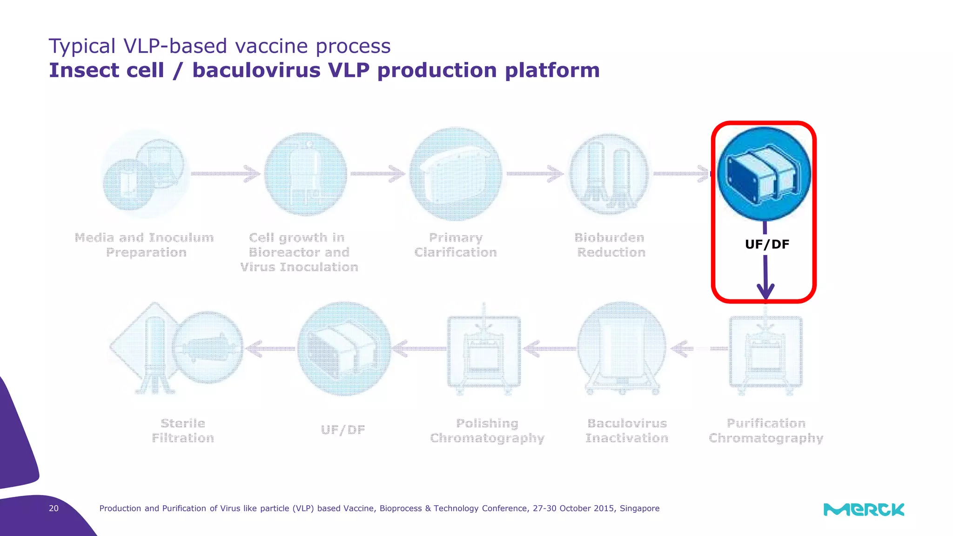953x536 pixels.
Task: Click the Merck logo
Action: pos(864,509)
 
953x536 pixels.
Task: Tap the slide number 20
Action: pos(54,508)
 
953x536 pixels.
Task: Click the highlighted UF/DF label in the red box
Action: pos(767,244)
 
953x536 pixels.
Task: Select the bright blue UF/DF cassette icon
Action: pos(764,174)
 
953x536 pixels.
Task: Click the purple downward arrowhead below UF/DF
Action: pos(765,291)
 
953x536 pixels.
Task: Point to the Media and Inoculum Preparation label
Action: pos(145,245)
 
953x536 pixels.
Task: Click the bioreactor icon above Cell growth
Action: pos(306,174)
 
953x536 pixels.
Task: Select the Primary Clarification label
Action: pos(456,245)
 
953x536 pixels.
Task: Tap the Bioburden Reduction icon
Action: pos(609,174)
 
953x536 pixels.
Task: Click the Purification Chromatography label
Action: pos(766,431)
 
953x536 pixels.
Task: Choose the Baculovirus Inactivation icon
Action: pos(622,348)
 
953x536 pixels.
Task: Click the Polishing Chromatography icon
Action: pos(484,351)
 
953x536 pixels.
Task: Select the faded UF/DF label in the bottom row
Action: pos(343,430)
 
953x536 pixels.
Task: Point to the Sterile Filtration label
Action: pos(183,431)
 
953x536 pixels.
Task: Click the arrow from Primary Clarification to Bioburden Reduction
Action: pos(535,174)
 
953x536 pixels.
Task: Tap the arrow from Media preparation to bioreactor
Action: pos(226,174)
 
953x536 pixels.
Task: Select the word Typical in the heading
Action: pos(82,46)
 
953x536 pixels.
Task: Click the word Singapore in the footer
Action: pos(639,508)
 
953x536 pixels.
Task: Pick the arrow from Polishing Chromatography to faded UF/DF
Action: pos(419,348)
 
